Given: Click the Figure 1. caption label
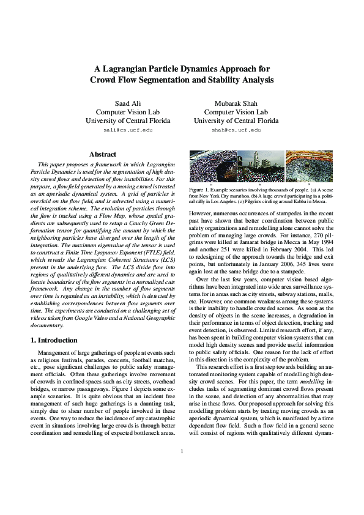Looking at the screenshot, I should [200, 191].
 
